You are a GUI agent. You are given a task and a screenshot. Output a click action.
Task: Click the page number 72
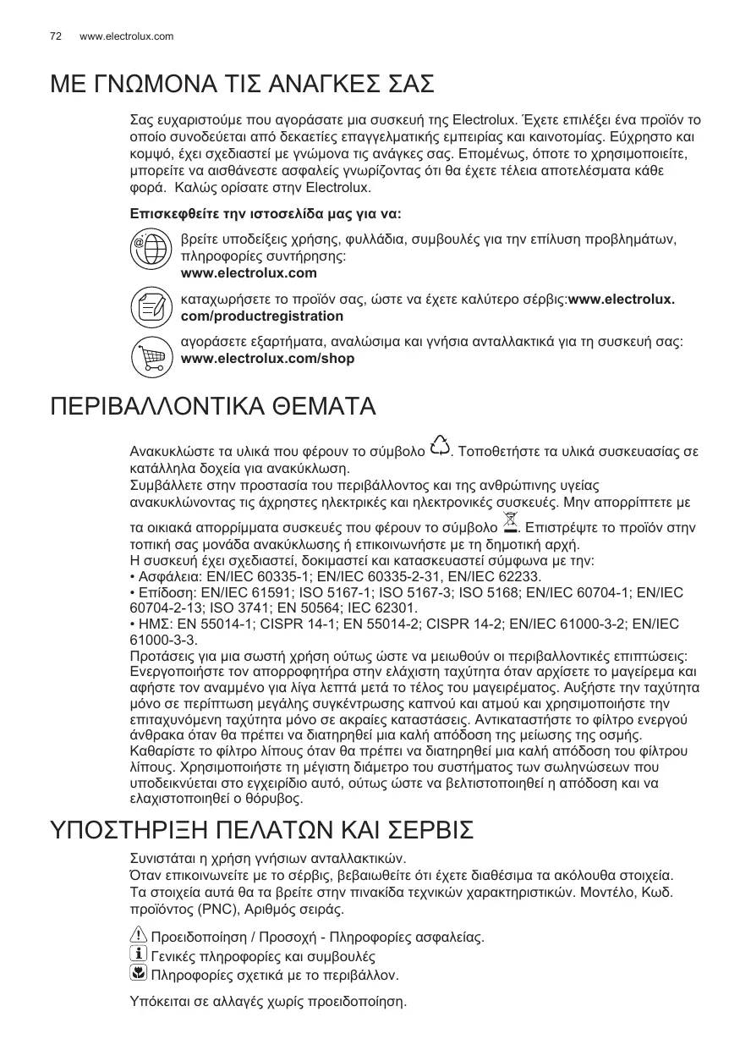coord(56,36)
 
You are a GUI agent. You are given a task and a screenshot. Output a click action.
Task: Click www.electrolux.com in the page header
coord(126,36)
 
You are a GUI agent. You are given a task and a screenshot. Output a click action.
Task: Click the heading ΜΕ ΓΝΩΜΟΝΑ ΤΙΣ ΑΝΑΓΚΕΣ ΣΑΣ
coord(243,85)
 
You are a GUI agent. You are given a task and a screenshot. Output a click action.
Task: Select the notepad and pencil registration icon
coord(150,307)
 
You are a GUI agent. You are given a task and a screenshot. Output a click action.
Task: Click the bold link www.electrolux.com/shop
coord(268,359)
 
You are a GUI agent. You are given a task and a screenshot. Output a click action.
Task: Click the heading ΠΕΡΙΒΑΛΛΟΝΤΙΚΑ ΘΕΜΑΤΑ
coord(213,406)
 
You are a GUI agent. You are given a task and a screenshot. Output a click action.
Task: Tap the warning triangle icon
coord(138,937)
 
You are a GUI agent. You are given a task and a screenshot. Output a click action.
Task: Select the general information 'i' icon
coord(138,955)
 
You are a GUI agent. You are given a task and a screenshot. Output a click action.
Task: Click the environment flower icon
coord(138,974)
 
